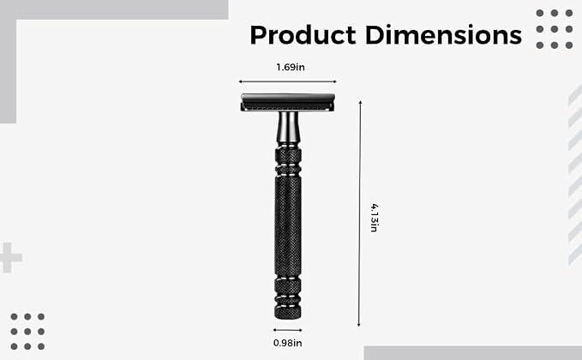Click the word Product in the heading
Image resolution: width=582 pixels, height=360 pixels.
pyautogui.click(x=303, y=35)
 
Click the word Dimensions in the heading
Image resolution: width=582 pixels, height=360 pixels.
pyautogui.click(x=443, y=35)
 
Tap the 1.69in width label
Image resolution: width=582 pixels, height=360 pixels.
pyautogui.click(x=291, y=67)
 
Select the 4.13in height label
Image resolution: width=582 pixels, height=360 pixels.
pyautogui.click(x=375, y=218)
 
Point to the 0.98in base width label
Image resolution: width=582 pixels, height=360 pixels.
pyautogui.click(x=288, y=343)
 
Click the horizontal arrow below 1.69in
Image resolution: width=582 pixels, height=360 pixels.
pyautogui.click(x=288, y=81)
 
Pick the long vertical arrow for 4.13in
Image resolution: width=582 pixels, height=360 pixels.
pyautogui.click(x=359, y=213)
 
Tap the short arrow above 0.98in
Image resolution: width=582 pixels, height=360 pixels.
pyautogui.click(x=288, y=329)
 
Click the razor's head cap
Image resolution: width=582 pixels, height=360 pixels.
pyautogui.click(x=288, y=103)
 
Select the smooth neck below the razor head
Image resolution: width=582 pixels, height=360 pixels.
pyautogui.click(x=288, y=128)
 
